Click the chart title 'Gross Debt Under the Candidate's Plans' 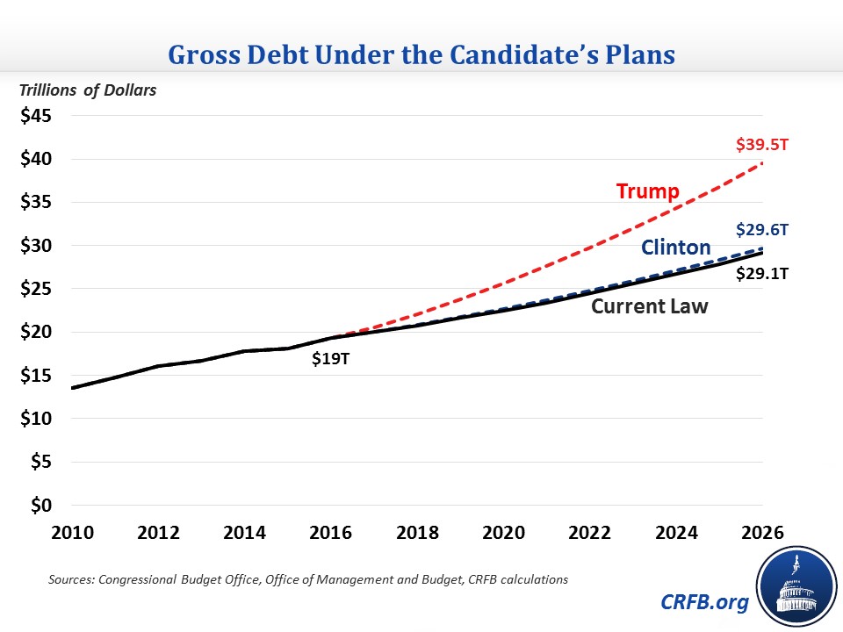point(421,54)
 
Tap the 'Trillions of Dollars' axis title point(83,90)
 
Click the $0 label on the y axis point(40,506)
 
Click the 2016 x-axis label point(330,532)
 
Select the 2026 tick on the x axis point(760,532)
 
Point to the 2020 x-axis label point(502,532)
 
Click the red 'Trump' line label point(648,190)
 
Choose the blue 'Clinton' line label point(675,247)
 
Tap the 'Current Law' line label point(649,307)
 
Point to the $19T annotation point(330,358)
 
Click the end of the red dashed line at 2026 point(760,162)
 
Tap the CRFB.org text point(705,602)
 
